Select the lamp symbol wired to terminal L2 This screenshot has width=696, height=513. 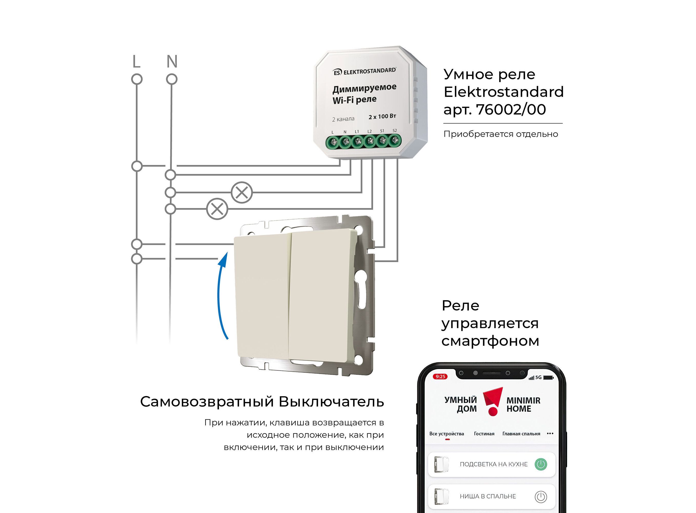(217, 209)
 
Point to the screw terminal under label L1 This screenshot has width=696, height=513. (357, 142)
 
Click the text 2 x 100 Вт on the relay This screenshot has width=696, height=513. (382, 116)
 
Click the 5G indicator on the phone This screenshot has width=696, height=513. (538, 377)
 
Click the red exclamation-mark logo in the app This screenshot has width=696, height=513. (493, 401)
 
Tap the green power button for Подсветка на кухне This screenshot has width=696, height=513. (541, 464)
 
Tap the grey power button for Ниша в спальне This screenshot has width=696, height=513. (541, 497)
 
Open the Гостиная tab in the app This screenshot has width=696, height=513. (484, 434)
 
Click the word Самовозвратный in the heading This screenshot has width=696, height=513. (207, 401)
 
